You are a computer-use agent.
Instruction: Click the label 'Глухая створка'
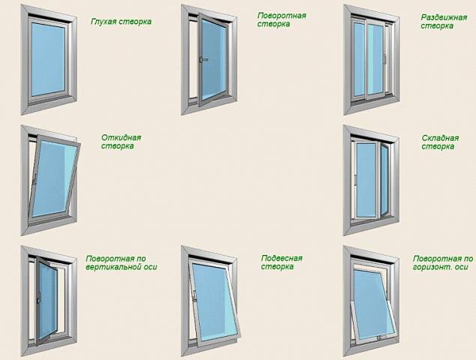[121, 22]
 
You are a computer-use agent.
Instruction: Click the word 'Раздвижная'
[444, 17]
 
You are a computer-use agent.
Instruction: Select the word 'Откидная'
[121, 138]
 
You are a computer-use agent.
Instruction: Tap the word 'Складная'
[440, 138]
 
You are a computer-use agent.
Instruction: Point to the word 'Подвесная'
[282, 259]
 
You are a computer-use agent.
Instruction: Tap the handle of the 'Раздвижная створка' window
[384, 58]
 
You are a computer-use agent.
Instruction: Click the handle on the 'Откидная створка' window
[35, 178]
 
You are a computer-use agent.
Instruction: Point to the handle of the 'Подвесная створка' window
[194, 295]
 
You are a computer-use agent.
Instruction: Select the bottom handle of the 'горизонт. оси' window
[379, 337]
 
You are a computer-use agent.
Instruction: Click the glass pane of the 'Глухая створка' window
[48, 58]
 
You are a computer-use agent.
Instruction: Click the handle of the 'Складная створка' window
[355, 179]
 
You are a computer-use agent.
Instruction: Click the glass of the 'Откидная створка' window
[54, 178]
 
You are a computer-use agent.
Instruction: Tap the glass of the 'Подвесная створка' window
[215, 301]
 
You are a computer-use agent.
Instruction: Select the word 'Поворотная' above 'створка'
[282, 16]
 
